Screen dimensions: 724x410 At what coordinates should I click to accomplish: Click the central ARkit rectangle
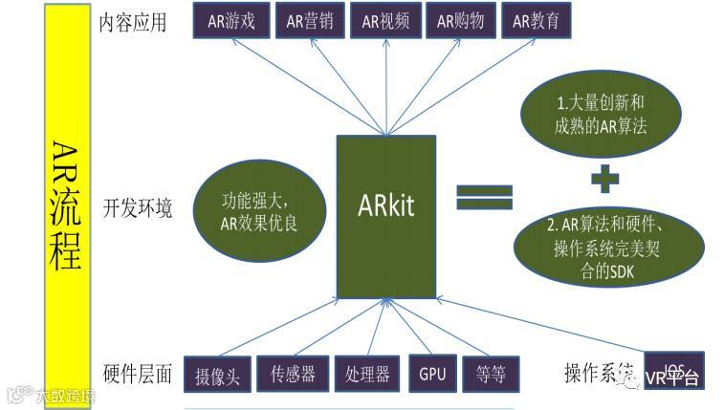coord(386,215)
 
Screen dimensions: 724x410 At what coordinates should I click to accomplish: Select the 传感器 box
coord(293,373)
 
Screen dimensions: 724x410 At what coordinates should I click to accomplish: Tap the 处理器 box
coord(367,373)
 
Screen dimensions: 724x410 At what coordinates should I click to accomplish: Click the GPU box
coord(431,373)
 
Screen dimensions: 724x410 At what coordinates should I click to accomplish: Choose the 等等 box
coord(490,373)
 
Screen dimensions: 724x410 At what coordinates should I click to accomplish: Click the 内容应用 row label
coord(133,23)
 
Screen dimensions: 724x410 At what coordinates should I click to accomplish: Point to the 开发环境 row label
coord(137,207)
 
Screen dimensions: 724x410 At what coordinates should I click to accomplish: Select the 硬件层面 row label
coord(137,374)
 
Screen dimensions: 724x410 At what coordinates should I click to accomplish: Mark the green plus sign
coord(603,178)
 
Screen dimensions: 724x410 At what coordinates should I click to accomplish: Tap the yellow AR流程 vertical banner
coord(67,201)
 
